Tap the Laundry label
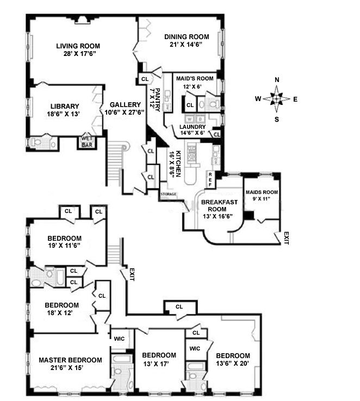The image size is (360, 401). coord(192,127)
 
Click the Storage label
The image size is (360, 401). coord(168,194)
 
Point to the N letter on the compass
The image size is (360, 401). coord(277,80)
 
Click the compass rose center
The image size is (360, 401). coord(277,99)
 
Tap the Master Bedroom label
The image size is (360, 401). coord(70,360)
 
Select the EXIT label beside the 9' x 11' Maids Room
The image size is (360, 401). coord(285,238)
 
